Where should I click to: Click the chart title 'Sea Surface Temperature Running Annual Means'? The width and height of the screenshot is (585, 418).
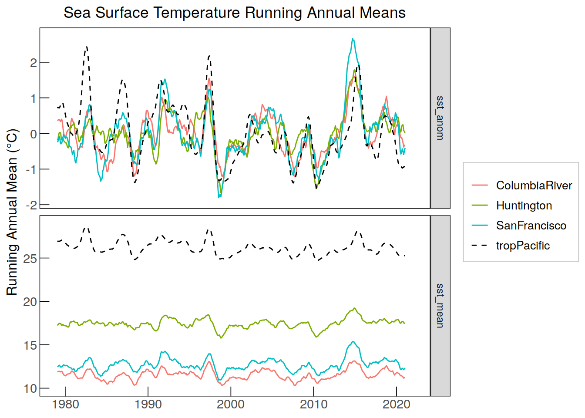click(x=235, y=13)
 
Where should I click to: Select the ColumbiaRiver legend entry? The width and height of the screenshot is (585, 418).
click(x=522, y=185)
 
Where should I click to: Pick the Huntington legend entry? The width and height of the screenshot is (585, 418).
click(x=512, y=206)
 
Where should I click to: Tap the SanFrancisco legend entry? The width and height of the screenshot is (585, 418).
click(x=519, y=226)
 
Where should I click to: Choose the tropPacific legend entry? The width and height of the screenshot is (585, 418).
click(x=511, y=246)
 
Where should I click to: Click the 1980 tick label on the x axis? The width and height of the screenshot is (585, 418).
click(x=65, y=405)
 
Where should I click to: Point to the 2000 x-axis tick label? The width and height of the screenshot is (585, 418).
click(x=231, y=405)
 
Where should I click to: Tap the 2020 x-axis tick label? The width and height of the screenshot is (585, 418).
click(x=396, y=405)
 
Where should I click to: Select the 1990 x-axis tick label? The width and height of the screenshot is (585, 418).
click(x=148, y=405)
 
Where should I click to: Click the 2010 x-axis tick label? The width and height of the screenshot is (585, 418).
click(x=313, y=405)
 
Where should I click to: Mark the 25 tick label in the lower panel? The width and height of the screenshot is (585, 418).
click(x=30, y=259)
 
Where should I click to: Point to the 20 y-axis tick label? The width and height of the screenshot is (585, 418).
click(x=30, y=302)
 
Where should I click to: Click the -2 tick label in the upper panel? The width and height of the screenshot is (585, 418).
click(x=31, y=206)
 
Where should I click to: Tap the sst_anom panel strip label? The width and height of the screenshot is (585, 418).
click(x=440, y=118)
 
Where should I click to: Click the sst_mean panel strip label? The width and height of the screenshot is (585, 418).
click(x=440, y=305)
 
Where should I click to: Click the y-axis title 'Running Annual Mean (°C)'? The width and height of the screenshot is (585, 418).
click(x=12, y=212)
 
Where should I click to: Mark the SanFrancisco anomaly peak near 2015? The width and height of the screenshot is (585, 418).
click(x=353, y=39)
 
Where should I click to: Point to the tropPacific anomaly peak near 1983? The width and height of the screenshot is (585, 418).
click(x=87, y=47)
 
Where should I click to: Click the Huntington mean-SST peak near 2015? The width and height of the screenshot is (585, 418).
click(x=354, y=308)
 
